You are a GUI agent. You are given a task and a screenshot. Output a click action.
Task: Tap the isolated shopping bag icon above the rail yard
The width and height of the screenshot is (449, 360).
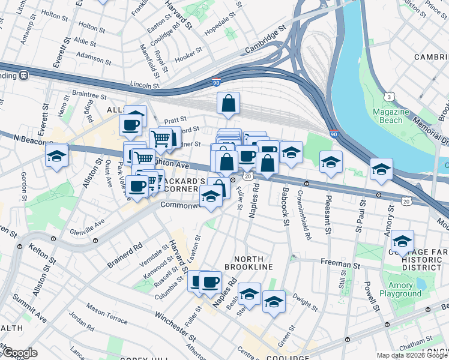(x=229, y=104)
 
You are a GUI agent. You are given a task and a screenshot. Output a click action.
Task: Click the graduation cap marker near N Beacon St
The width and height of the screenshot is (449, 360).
(x=56, y=157)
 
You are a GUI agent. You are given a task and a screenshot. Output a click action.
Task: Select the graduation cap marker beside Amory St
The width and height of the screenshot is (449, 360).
(x=402, y=243)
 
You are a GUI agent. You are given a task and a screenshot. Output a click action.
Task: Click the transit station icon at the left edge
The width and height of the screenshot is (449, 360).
(x=24, y=76)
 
